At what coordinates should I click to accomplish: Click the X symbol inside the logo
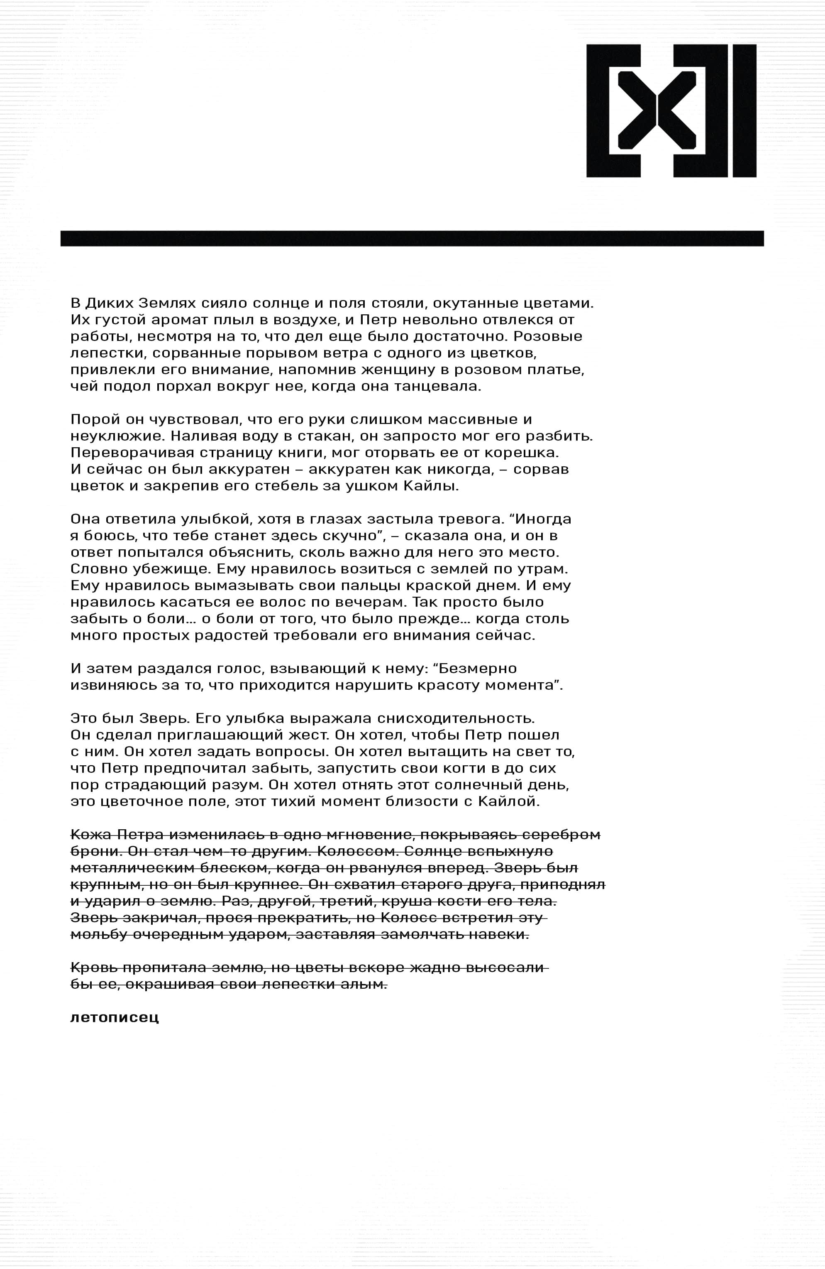657,110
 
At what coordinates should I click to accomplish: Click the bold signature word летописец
115,1017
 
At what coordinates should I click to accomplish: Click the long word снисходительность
452,718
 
